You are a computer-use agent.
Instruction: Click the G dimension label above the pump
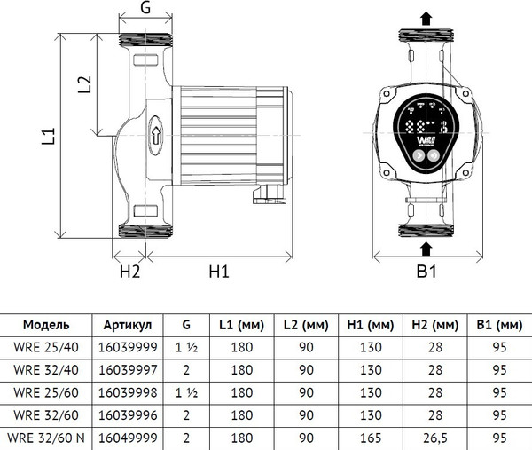[x=145, y=7]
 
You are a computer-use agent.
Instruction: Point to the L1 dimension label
[x=48, y=136]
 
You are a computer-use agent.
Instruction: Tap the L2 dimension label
[x=84, y=84]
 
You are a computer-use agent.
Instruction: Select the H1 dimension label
[x=219, y=272]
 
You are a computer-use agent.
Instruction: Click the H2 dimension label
[x=129, y=272]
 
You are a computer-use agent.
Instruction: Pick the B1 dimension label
[x=426, y=272]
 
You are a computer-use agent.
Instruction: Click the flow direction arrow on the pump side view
[x=155, y=136]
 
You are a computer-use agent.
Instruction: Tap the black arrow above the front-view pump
[x=426, y=19]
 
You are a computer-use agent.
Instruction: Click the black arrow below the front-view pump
[x=426, y=249]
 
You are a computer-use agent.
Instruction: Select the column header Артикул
[x=128, y=325]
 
